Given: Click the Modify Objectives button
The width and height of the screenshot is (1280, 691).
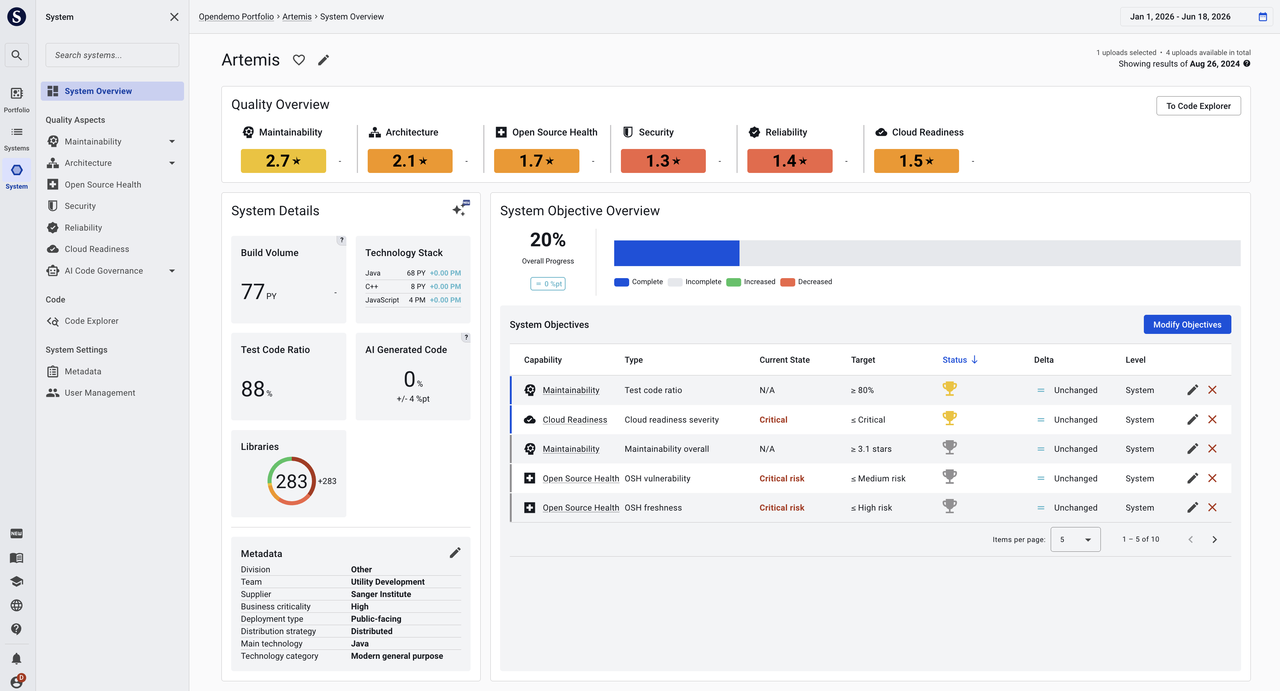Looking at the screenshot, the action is [1187, 325].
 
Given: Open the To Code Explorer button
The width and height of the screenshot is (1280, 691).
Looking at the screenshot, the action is [1198, 106].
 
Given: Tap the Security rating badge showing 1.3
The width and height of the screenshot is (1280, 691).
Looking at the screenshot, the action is [663, 161].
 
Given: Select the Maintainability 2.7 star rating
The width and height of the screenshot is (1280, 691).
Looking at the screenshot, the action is [283, 161].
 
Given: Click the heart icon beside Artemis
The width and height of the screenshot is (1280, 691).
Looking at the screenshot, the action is [298, 60].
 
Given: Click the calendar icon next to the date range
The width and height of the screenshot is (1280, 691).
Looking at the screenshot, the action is [1263, 17].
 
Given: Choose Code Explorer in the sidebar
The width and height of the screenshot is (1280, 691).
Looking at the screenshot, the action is [91, 321].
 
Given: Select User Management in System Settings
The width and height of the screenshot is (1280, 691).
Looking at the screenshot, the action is [100, 393].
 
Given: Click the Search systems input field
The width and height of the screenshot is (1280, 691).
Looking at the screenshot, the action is [112, 55].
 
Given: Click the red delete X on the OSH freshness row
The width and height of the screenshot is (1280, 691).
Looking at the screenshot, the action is [1212, 508].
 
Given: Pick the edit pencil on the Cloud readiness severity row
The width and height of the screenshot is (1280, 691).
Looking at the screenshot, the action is [1192, 420].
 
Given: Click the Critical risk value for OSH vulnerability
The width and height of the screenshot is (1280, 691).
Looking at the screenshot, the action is [782, 478].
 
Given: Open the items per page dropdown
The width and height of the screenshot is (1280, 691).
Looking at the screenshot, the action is [1075, 539].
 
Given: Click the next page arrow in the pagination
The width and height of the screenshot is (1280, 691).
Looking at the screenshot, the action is [1215, 539].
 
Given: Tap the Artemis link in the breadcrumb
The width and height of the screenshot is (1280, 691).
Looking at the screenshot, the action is [297, 17].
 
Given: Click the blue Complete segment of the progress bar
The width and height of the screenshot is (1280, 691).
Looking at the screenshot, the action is [676, 253].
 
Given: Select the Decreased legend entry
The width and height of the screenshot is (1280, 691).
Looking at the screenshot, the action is [806, 282].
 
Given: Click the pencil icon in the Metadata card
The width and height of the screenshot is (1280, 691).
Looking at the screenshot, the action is [455, 553].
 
